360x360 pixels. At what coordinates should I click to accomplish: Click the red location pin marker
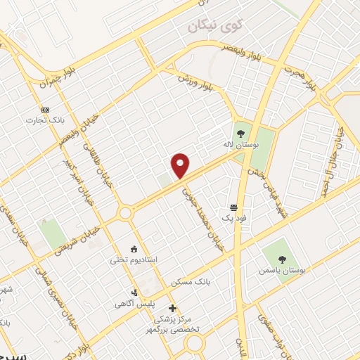pyautogui.click(x=181, y=166)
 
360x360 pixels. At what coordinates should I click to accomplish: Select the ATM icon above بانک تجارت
pyautogui.click(x=46, y=110)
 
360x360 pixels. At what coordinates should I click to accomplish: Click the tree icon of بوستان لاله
pyautogui.click(x=241, y=132)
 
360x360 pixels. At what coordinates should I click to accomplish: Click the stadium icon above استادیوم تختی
pyautogui.click(x=134, y=247)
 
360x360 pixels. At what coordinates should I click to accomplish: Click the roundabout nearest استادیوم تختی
pyautogui.click(x=126, y=212)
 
